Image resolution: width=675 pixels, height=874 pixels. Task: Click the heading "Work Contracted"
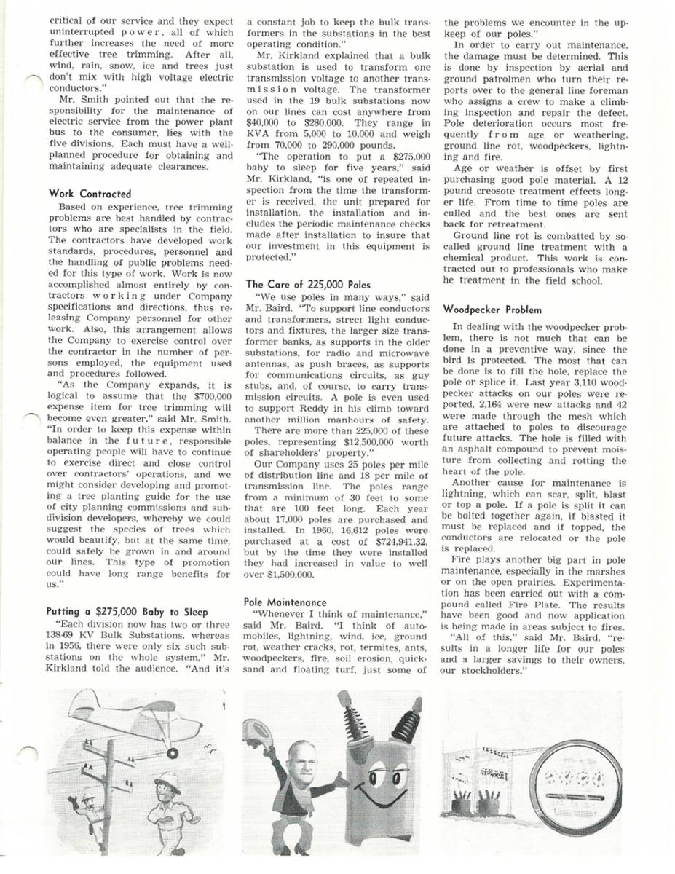[x=90, y=194]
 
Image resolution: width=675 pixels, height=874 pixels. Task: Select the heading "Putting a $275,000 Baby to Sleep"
[x=125, y=610]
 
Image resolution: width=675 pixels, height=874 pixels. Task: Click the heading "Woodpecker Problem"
[x=492, y=310]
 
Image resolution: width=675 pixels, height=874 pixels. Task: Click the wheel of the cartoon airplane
[x=173, y=753]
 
